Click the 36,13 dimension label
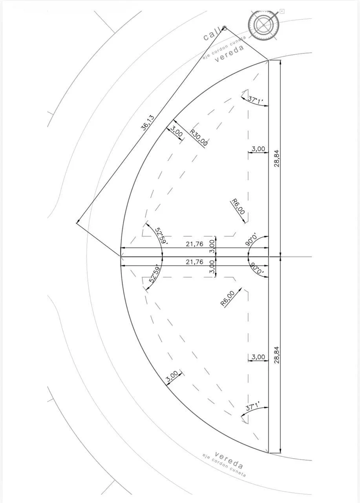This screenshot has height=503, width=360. point(148,123)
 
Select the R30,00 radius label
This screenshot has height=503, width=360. point(199,138)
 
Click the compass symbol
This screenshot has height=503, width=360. point(264,25)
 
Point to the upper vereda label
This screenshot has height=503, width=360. point(229,53)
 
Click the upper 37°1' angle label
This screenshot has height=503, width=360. point(255,99)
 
